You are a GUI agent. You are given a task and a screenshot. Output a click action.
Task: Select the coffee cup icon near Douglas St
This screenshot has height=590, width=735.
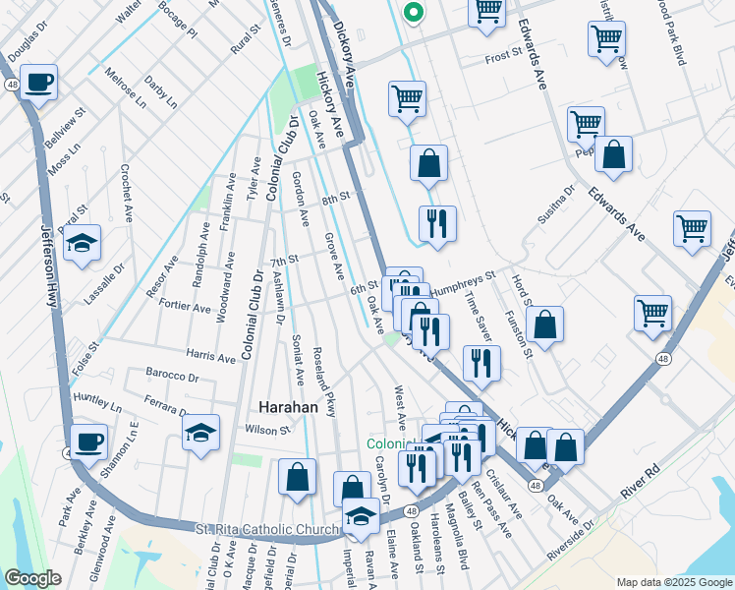point(39,83)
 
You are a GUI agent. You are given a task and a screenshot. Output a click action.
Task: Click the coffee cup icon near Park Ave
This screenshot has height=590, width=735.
point(88,442)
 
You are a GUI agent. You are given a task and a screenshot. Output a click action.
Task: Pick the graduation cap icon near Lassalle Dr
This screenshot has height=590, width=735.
point(83,242)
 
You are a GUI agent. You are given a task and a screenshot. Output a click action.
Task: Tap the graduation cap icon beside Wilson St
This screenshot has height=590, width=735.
point(200,433)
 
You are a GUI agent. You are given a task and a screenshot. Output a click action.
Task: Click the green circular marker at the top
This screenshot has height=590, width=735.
point(414,14)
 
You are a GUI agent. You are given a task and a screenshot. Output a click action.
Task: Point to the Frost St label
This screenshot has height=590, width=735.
point(509,59)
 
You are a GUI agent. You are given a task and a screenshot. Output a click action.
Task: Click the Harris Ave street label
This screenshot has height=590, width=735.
point(210,355)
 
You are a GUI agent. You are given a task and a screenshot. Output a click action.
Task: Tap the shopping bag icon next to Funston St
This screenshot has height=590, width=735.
point(544,324)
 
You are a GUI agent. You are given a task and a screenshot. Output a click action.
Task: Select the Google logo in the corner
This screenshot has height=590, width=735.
point(32,578)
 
